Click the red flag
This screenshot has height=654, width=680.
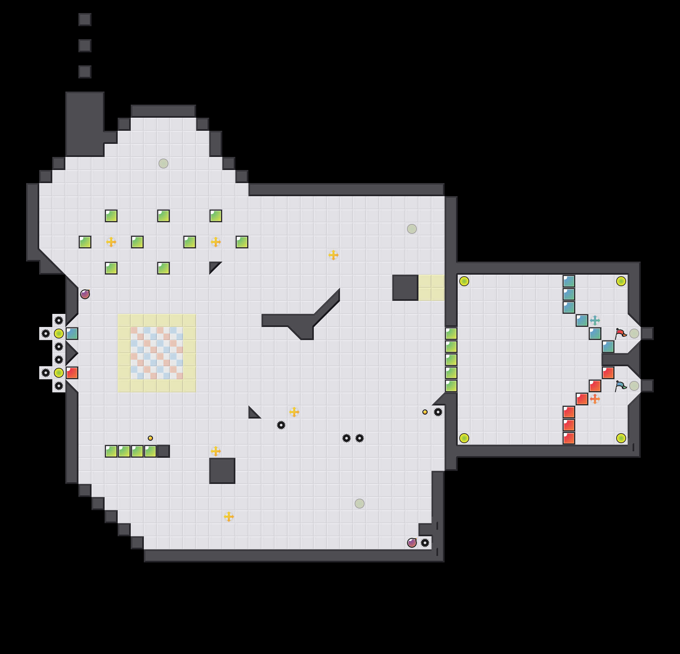click(x=620, y=334)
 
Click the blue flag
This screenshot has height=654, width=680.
click(x=620, y=386)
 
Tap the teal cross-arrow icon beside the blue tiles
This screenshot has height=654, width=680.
click(x=595, y=320)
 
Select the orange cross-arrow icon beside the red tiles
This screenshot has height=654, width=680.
click(x=595, y=399)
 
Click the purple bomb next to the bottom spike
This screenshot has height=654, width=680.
click(x=412, y=542)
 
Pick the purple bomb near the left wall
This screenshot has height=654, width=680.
click(x=85, y=294)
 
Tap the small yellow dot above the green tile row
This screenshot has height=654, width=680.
click(x=150, y=438)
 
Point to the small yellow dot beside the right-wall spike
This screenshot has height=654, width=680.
click(x=425, y=412)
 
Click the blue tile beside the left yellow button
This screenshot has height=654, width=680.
click(x=72, y=334)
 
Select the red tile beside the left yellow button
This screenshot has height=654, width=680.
click(x=72, y=373)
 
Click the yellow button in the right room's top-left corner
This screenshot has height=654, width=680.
click(x=464, y=281)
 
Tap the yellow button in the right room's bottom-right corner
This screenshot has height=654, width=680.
click(x=621, y=438)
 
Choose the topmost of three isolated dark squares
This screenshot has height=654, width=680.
click(x=85, y=19)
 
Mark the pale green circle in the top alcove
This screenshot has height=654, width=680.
click(x=163, y=163)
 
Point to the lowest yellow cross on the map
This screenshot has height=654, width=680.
click(x=229, y=516)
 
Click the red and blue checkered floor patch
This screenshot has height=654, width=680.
click(x=157, y=353)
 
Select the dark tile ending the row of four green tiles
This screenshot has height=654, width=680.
click(x=163, y=451)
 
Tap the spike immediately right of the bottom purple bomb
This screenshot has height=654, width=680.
click(x=425, y=542)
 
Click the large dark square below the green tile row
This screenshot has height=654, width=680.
click(x=222, y=471)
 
